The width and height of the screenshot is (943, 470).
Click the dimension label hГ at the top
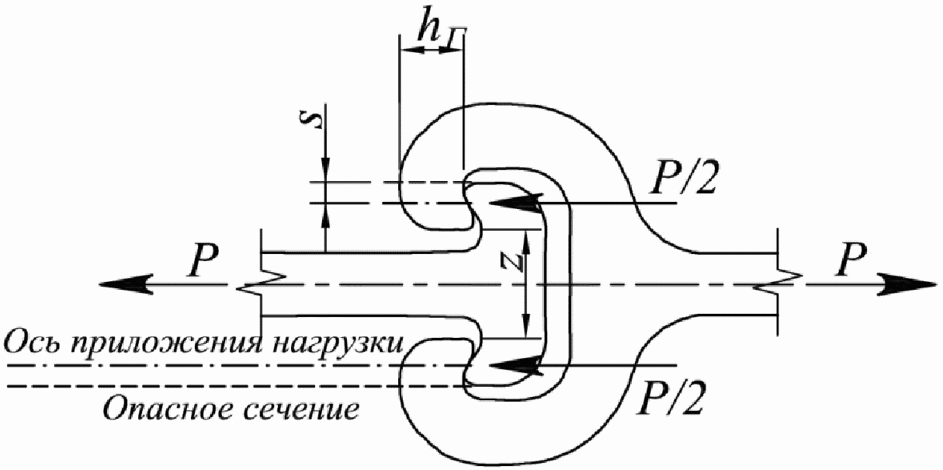(x=435, y=29)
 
